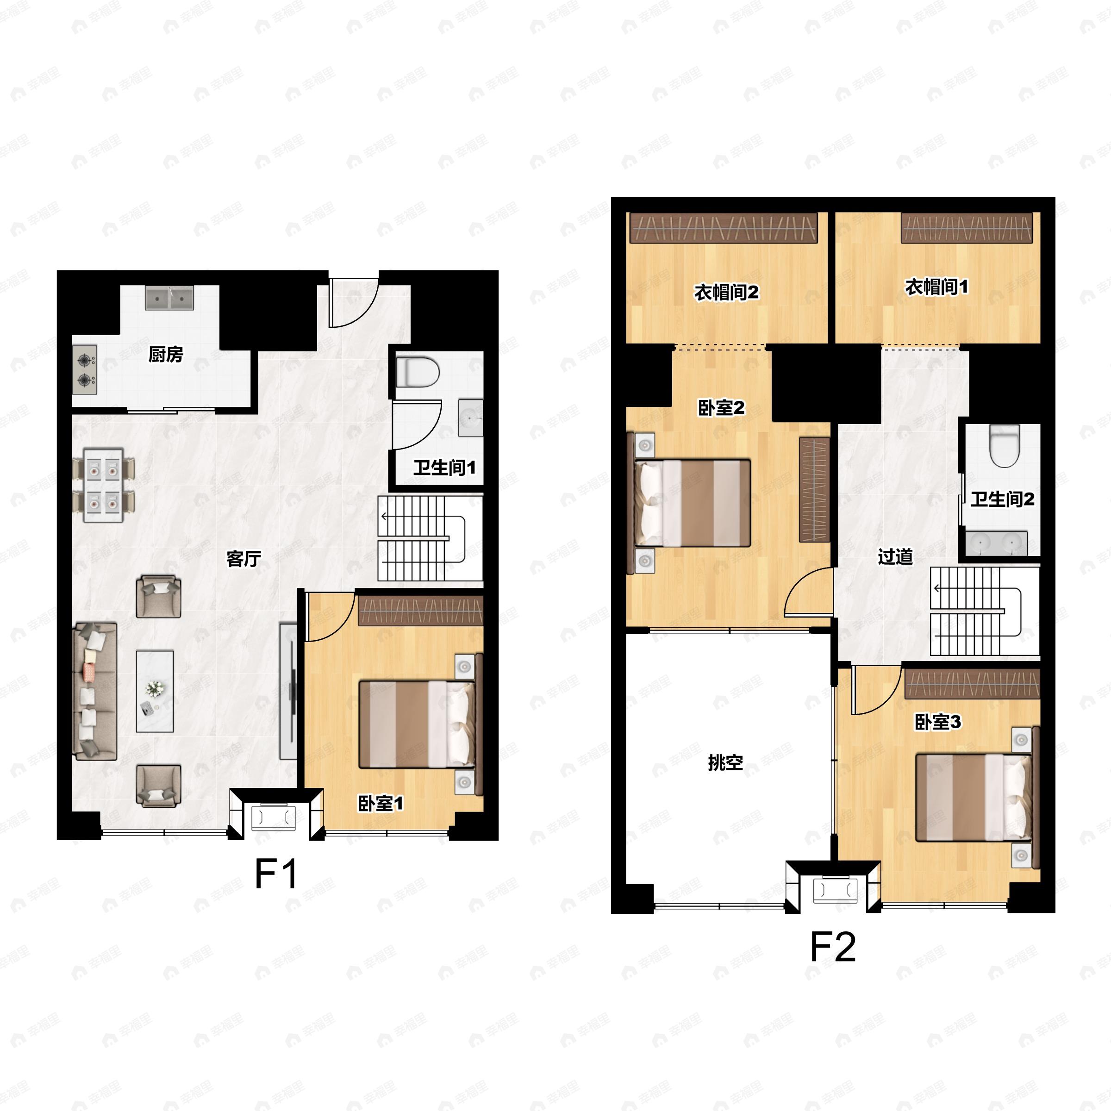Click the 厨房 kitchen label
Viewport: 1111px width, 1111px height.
click(x=166, y=354)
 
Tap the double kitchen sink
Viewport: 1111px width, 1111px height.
click(x=169, y=298)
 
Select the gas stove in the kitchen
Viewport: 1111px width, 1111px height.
click(x=85, y=370)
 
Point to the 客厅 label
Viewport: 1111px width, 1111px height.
click(x=244, y=558)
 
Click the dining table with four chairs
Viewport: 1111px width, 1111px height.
click(x=104, y=485)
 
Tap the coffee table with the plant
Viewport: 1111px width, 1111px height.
click(x=155, y=691)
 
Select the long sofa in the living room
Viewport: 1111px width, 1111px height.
click(x=95, y=691)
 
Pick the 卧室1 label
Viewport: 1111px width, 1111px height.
click(x=381, y=803)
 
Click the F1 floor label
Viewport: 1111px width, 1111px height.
click(x=277, y=874)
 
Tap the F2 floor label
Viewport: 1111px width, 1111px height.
click(x=833, y=947)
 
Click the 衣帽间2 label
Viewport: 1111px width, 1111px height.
click(x=726, y=293)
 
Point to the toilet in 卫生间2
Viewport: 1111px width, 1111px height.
click(x=1005, y=446)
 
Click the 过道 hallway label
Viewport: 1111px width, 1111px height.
click(x=895, y=556)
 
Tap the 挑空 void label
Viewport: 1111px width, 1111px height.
click(x=725, y=762)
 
